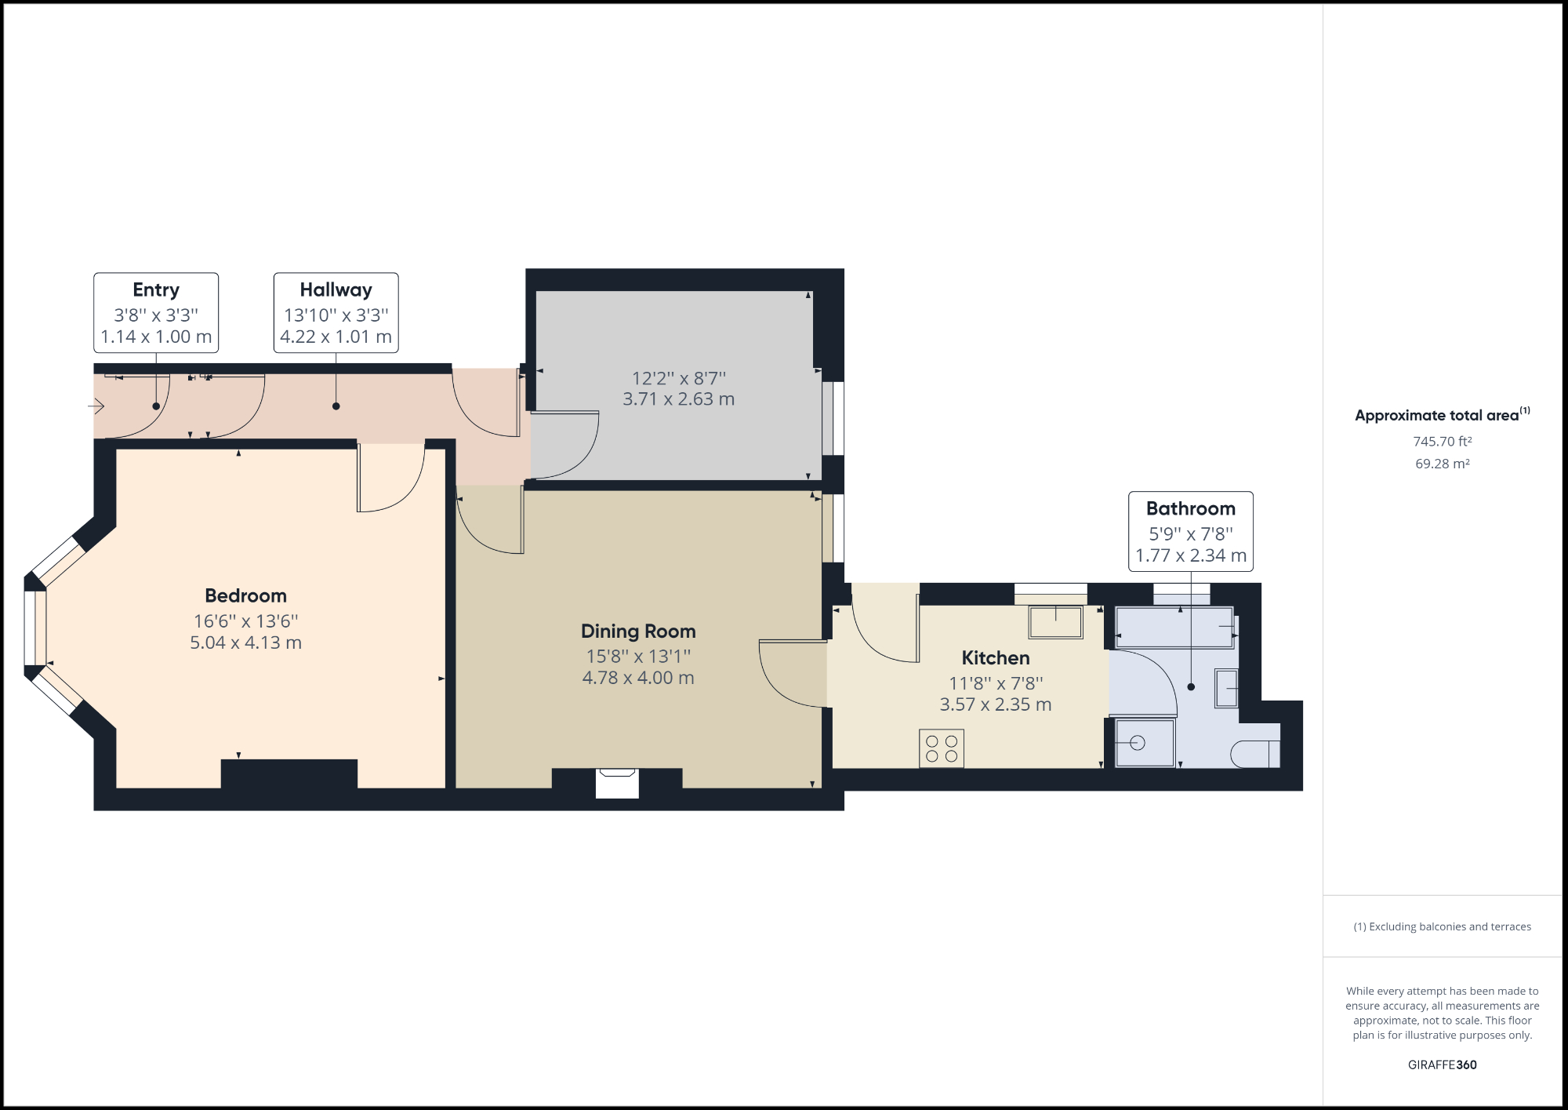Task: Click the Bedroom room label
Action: [x=245, y=595]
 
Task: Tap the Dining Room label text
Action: [x=638, y=631]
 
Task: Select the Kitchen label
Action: [x=996, y=658]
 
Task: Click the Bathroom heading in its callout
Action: [x=1190, y=508]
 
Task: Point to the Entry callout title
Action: [x=156, y=289]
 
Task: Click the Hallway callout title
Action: [x=336, y=289]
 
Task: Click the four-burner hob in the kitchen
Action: [x=942, y=748]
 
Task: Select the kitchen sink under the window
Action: [x=1055, y=622]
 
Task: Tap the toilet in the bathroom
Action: [x=1255, y=754]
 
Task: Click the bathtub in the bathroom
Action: [x=1174, y=628]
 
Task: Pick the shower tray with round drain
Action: [x=1145, y=743]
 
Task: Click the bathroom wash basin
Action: [x=1226, y=688]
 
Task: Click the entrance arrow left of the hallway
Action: [x=96, y=406]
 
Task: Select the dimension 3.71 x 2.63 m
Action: [x=678, y=399]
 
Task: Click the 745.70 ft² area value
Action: [x=1442, y=442]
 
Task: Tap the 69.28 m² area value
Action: [x=1442, y=464]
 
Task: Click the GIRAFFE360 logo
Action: [x=1442, y=1065]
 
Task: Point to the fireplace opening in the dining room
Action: [x=617, y=784]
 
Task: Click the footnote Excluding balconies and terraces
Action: [x=1442, y=926]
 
